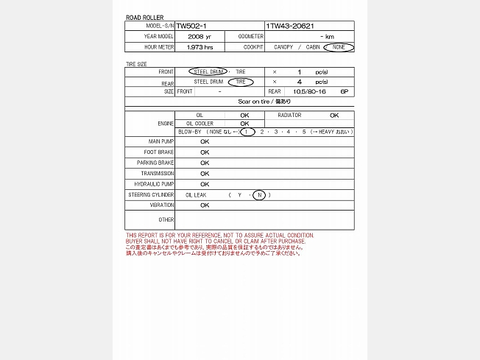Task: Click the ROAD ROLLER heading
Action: tap(145, 17)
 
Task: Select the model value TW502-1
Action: tap(191, 26)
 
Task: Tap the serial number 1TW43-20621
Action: tap(291, 26)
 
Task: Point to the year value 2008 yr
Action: tap(199, 36)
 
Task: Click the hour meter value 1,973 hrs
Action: tap(200, 47)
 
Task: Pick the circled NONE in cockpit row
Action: tap(339, 47)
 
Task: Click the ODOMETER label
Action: tap(251, 36)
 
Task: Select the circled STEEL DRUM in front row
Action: tap(209, 72)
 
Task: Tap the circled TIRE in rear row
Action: tap(241, 82)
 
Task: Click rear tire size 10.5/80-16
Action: tap(309, 92)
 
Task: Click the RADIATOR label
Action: tap(289, 116)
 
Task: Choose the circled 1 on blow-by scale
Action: tap(248, 132)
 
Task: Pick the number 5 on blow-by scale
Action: tap(303, 132)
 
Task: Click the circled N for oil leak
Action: tap(259, 195)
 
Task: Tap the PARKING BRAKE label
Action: tap(155, 163)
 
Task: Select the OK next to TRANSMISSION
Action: tap(205, 174)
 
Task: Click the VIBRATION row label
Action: tap(162, 205)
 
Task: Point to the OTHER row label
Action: tap(166, 219)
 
